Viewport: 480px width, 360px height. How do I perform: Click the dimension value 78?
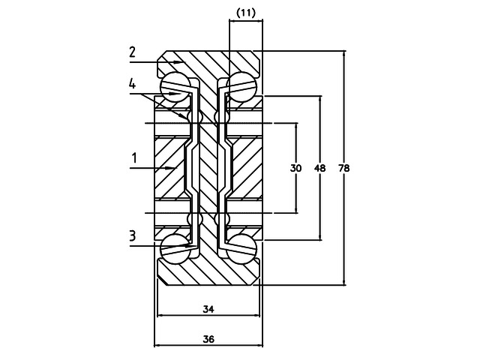[x=344, y=169]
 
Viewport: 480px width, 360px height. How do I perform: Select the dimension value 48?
[x=319, y=169]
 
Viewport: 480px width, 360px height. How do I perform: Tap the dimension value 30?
[x=295, y=169]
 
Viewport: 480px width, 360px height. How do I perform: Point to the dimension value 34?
[x=208, y=309]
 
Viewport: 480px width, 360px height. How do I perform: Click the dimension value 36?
[x=208, y=339]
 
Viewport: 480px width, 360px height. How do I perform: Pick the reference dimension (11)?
[x=245, y=12]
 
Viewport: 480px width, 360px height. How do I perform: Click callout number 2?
[x=132, y=52]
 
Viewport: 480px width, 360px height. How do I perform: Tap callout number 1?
[x=133, y=158]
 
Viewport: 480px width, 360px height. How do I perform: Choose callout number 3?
[x=133, y=235]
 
